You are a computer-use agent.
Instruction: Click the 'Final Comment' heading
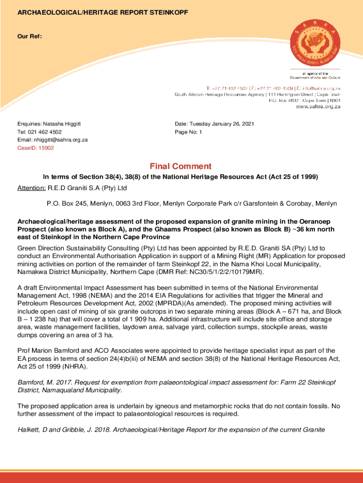181,167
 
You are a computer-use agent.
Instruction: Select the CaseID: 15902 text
36,148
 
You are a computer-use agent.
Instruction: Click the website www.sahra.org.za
318,107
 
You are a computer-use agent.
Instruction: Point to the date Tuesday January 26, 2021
226,124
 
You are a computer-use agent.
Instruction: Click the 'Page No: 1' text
188,132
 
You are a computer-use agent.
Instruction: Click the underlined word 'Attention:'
32,188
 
